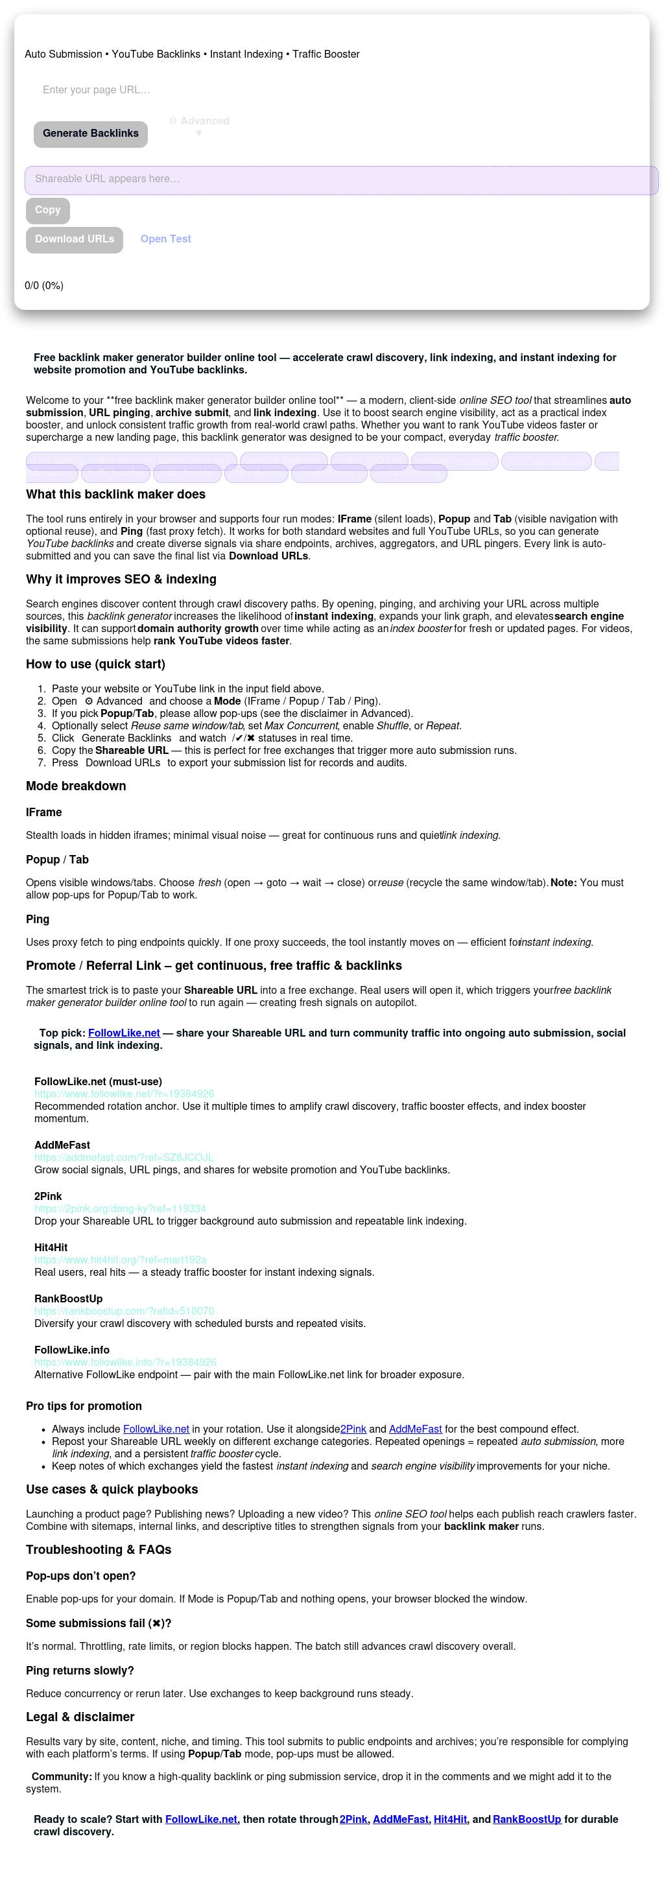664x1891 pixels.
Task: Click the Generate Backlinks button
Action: [x=90, y=134]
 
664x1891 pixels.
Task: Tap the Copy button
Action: [x=48, y=211]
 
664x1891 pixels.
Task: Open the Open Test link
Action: [x=165, y=239]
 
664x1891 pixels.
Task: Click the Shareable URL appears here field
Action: [x=341, y=180]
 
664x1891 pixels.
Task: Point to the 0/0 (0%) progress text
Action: [x=44, y=285]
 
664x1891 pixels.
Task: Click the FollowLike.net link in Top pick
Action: [x=123, y=1033]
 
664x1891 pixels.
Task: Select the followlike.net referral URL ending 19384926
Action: [x=124, y=1094]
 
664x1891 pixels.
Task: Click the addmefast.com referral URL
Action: [x=123, y=1157]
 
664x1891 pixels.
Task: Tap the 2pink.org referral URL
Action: [x=120, y=1208]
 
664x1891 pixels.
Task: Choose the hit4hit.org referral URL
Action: [x=120, y=1260]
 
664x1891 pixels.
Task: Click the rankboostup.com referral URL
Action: [x=124, y=1311]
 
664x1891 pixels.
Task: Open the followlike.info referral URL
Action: [x=125, y=1363]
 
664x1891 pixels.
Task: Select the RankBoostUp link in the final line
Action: [x=527, y=1819]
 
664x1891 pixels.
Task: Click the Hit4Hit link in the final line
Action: [x=450, y=1819]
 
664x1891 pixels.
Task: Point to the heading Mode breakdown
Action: [x=76, y=786]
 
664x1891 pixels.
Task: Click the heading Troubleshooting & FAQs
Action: [x=99, y=1549]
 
